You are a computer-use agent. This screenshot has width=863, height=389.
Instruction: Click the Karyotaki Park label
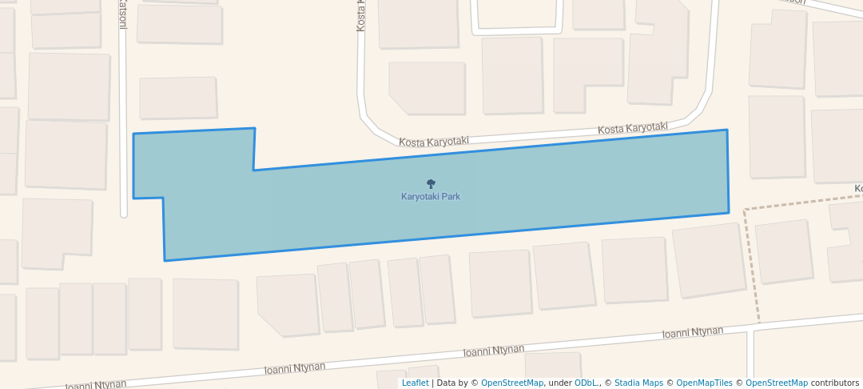tap(431, 196)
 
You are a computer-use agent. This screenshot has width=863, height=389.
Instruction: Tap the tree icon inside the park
tap(431, 184)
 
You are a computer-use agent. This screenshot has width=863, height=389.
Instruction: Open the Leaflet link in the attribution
tap(415, 383)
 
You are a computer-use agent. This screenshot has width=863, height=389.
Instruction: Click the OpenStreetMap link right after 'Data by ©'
tap(511, 383)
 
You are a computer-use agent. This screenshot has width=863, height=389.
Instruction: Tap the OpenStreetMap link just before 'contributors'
tap(776, 383)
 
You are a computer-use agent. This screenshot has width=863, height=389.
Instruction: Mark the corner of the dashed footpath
tap(745, 211)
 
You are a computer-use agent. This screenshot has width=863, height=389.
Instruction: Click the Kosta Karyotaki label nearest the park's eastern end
tap(633, 128)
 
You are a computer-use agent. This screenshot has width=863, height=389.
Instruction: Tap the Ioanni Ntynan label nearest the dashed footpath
tap(693, 331)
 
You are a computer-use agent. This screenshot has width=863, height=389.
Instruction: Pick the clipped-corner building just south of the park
tap(288, 303)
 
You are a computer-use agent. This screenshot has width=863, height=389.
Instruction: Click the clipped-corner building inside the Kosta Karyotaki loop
tap(427, 87)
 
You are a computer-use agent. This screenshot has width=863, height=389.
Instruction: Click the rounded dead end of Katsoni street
tap(124, 214)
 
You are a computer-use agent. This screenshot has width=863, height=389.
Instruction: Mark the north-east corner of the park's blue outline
tap(726, 130)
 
